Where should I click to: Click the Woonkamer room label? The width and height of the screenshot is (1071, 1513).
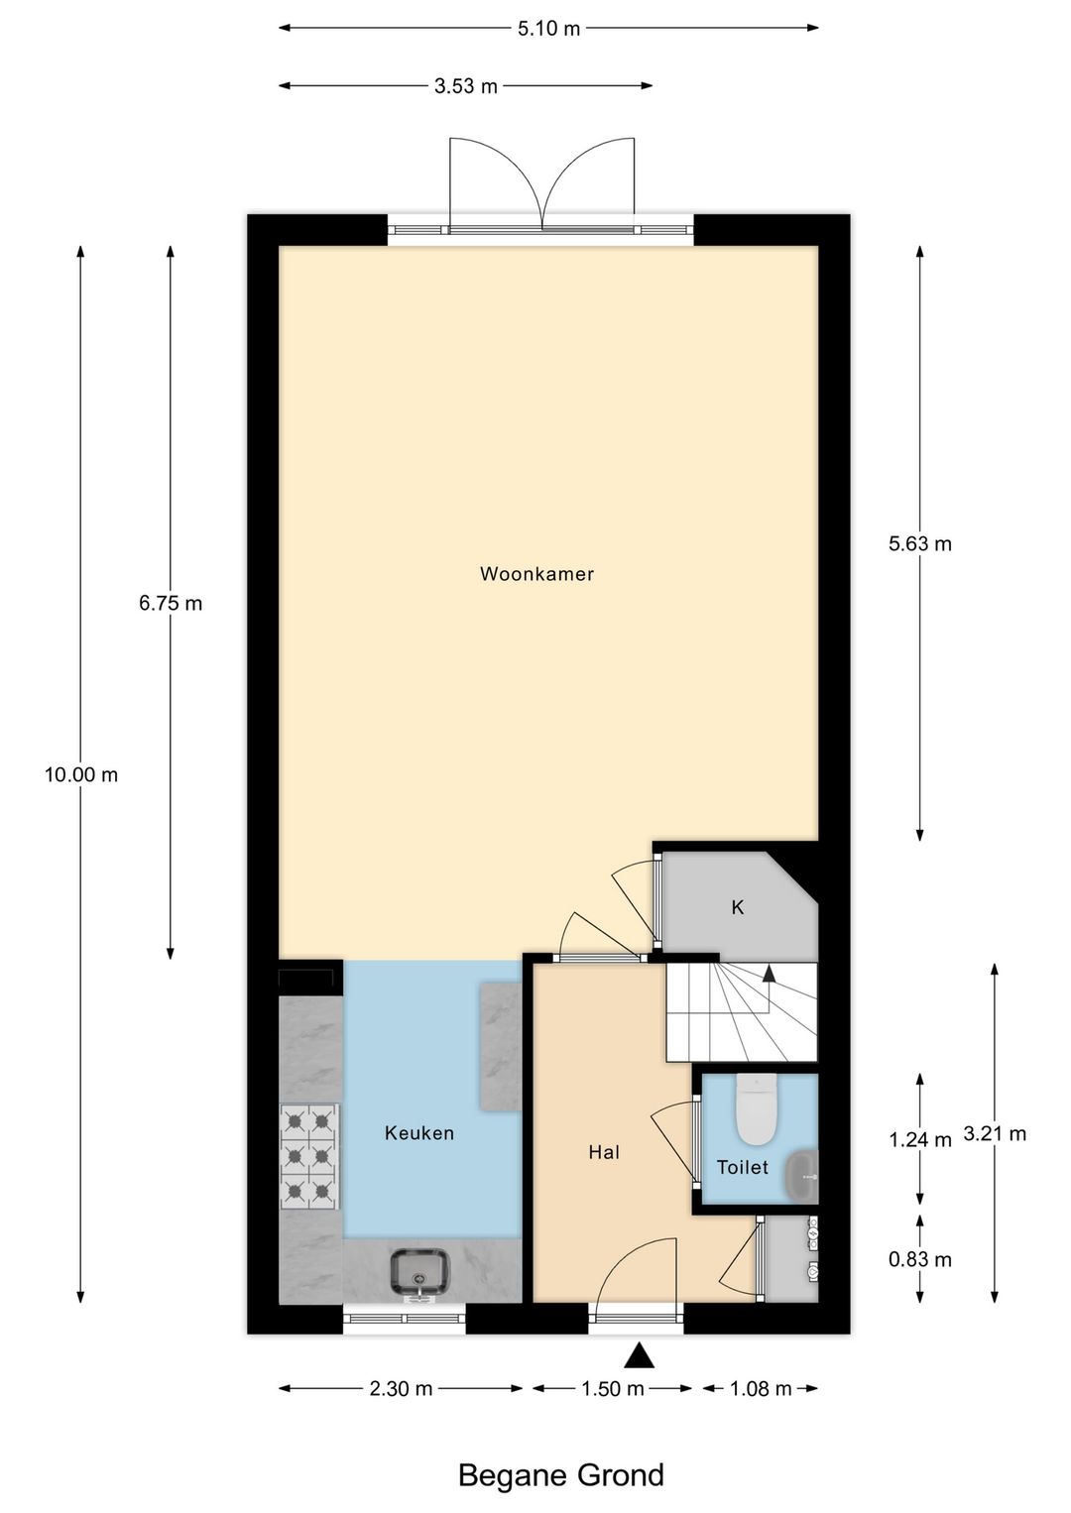536,574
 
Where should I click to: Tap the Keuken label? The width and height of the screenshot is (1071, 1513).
419,1133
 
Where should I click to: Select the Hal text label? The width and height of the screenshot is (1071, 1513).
604,1152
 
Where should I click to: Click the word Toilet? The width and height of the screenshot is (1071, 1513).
742,1168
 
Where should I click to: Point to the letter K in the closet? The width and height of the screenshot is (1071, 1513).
738,907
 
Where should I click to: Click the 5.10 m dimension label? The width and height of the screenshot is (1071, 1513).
548,29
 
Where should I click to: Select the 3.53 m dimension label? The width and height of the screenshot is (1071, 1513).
466,86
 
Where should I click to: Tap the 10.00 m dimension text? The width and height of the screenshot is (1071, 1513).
81,775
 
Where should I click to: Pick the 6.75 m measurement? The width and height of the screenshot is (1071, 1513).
171,603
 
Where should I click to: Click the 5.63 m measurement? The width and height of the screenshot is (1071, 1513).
920,543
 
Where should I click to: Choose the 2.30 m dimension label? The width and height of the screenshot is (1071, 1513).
401,1389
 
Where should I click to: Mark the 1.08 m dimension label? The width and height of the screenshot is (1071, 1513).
761,1389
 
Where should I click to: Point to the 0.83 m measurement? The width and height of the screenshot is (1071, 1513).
920,1259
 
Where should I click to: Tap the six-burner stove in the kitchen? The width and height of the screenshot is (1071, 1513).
309,1156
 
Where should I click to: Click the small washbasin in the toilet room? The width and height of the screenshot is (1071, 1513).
802,1175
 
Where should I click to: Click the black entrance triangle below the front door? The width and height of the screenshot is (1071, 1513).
640,1355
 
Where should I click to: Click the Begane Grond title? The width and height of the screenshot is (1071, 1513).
560,1475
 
